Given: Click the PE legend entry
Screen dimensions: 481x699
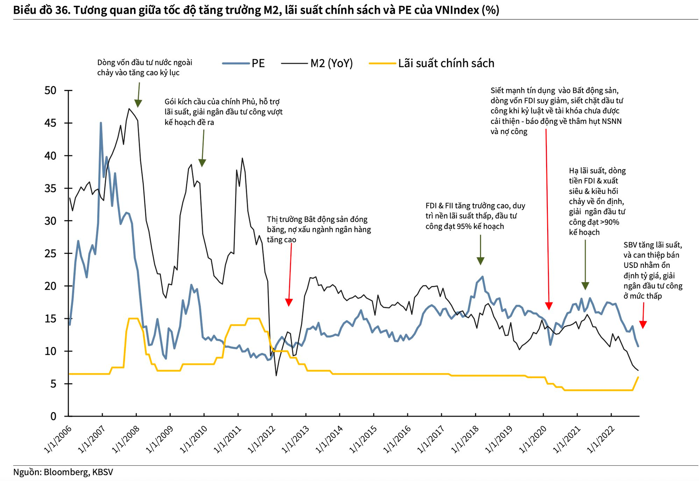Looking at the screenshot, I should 258,63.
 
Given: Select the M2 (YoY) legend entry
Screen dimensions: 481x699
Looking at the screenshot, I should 331,63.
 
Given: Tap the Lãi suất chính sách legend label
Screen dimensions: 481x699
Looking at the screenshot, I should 446,63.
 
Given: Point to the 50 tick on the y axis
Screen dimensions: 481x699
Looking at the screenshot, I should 51,90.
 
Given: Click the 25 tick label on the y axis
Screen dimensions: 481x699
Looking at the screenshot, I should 51,253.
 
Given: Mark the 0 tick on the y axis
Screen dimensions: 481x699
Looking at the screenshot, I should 54,416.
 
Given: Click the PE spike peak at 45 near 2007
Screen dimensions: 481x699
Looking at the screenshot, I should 101,123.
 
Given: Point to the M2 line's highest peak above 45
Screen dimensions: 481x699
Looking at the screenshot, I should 129,109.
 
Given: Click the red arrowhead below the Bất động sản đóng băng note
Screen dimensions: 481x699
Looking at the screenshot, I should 289,302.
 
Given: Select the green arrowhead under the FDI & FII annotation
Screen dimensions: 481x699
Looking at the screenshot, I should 481,261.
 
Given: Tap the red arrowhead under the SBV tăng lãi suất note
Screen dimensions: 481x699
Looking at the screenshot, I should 643,325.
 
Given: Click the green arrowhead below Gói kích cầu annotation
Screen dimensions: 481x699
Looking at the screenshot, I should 202,163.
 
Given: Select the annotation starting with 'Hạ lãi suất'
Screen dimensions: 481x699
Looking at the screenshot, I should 597,201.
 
